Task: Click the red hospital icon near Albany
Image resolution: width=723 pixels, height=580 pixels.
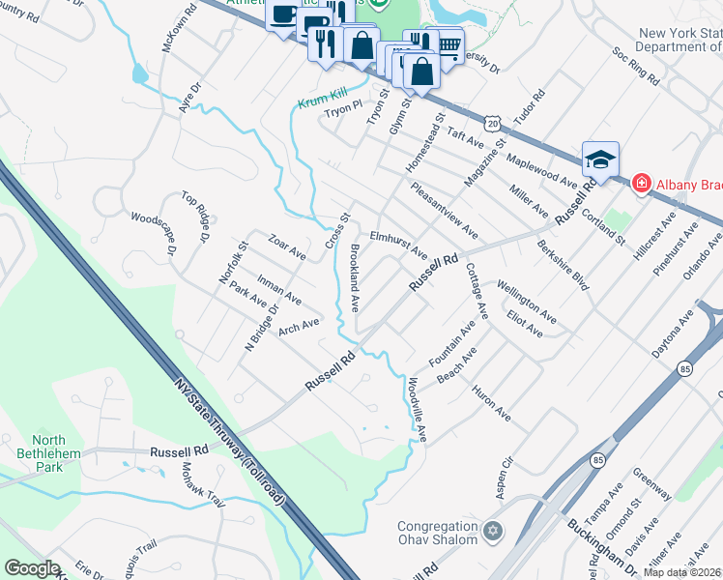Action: pos(640,184)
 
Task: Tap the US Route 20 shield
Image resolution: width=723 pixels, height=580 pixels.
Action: pos(493,125)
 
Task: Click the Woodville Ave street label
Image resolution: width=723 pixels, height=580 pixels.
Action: pos(417,410)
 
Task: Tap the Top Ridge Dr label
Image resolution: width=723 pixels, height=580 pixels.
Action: pos(196,217)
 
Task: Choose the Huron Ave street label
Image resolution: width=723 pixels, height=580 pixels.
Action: pos(491,401)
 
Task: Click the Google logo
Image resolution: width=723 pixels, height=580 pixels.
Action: pos(32,568)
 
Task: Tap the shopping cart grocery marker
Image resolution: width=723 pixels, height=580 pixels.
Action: pos(448,44)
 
